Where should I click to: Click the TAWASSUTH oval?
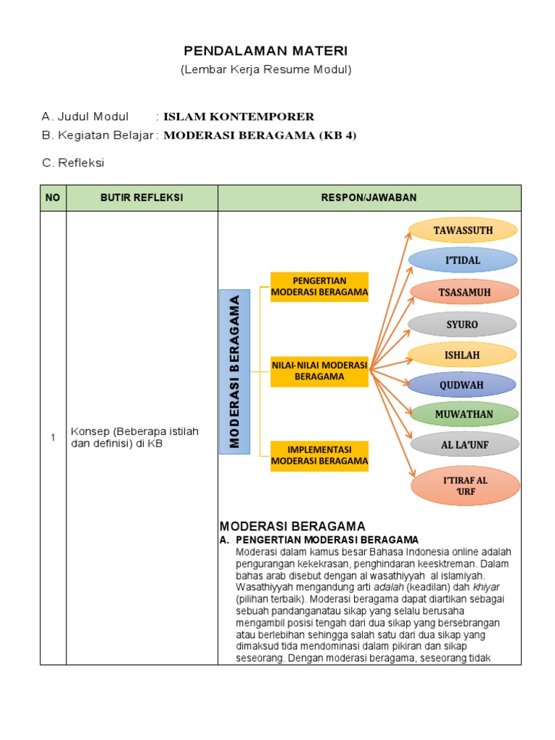click(463, 231)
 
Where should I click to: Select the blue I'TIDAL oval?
click(463, 260)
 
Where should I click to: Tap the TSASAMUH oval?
click(464, 292)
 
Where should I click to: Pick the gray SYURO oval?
click(462, 324)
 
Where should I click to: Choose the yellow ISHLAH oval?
click(462, 355)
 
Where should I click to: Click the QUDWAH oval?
click(462, 385)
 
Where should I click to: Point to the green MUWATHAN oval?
click(462, 414)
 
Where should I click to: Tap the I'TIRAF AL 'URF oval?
click(465, 486)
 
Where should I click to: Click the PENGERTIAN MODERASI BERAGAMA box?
click(319, 287)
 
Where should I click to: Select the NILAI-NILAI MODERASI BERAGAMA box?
click(319, 371)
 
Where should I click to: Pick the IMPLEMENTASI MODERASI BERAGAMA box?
click(319, 455)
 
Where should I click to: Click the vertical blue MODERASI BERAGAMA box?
click(235, 371)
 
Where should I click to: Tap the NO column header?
click(53, 198)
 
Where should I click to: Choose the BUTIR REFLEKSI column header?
click(142, 198)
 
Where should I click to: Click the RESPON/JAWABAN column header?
click(369, 198)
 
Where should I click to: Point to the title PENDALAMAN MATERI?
click(265, 51)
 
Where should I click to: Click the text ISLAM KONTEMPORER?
click(238, 116)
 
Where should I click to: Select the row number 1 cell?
click(53, 437)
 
